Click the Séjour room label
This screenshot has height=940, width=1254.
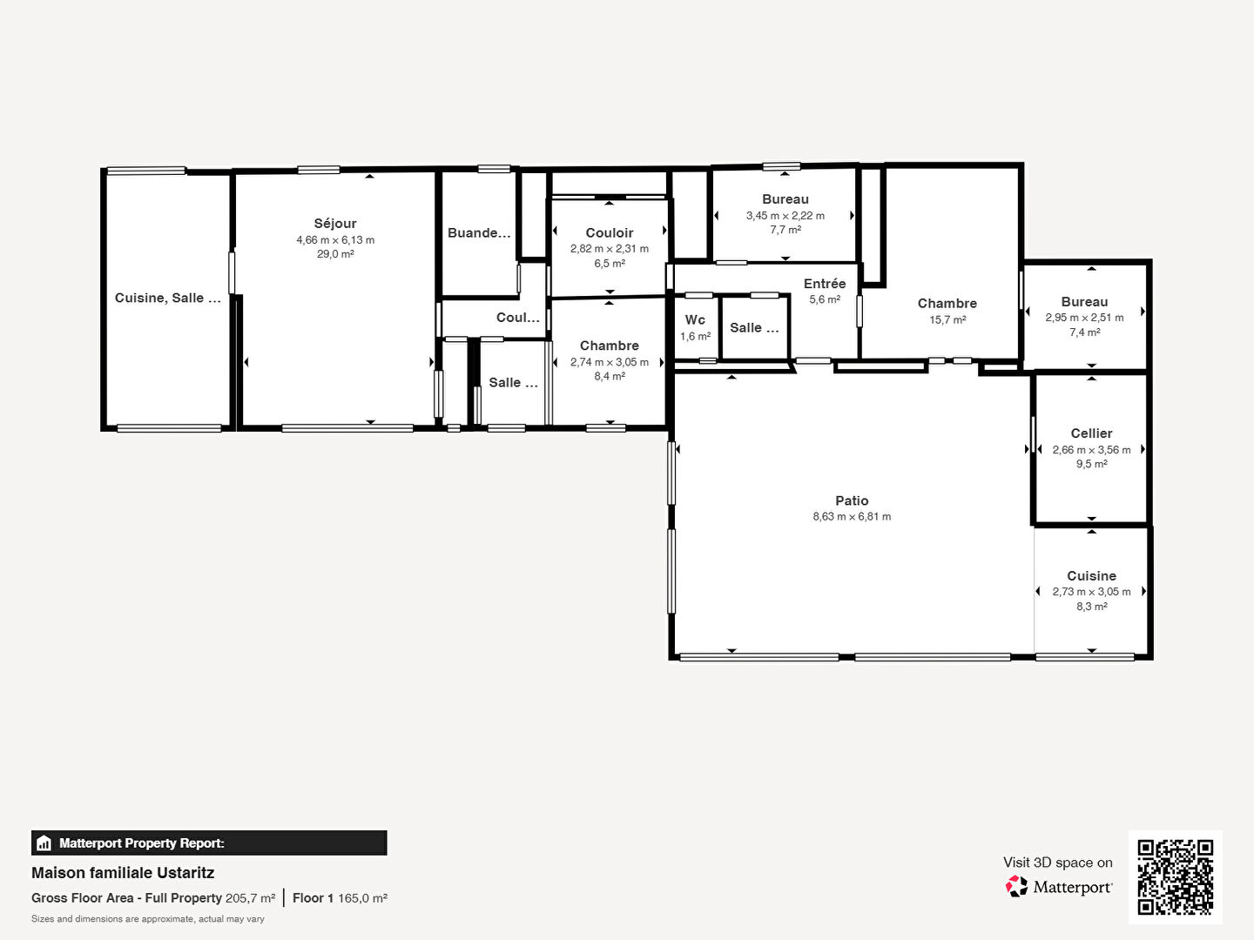click(x=334, y=224)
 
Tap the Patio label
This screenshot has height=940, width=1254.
click(x=852, y=500)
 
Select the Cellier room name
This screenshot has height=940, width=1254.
click(x=1091, y=433)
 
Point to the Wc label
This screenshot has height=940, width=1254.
click(x=695, y=319)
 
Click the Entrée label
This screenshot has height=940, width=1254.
click(x=825, y=283)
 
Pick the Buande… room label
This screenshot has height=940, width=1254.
click(x=479, y=233)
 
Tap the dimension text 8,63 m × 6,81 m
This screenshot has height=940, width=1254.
click(x=852, y=516)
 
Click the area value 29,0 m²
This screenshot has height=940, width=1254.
click(x=335, y=254)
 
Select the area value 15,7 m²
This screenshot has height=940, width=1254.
click(x=947, y=320)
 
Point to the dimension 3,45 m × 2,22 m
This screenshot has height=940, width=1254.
click(x=785, y=216)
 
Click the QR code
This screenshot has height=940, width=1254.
click(x=1175, y=877)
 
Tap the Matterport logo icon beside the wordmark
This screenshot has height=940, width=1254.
click(x=1016, y=886)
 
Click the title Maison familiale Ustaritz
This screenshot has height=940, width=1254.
click(x=123, y=873)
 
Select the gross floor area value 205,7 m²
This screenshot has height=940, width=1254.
click(x=250, y=898)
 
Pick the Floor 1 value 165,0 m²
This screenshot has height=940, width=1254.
click(x=363, y=898)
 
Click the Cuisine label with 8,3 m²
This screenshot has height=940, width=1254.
click(x=1091, y=576)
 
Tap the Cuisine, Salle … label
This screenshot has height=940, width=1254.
click(x=167, y=298)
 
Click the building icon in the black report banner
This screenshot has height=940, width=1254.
click(x=44, y=843)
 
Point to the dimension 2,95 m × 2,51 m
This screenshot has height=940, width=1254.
click(x=1084, y=318)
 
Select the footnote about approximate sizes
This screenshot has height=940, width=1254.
click(x=148, y=919)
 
